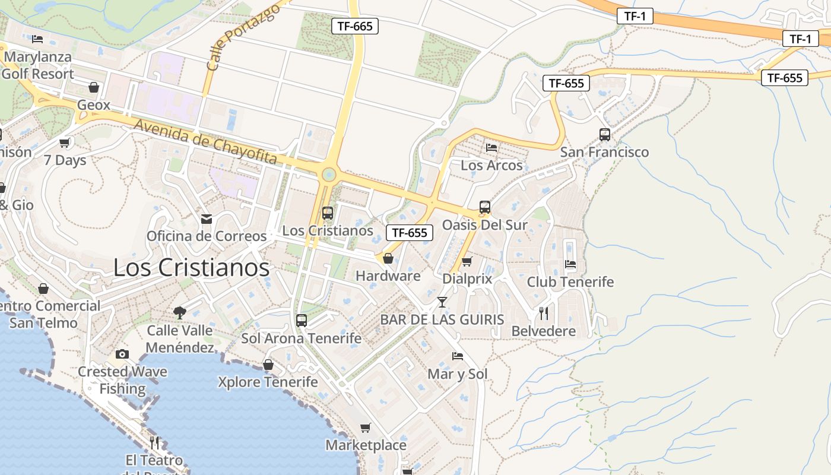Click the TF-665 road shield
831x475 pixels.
click(x=354, y=26)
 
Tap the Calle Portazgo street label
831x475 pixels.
click(x=243, y=39)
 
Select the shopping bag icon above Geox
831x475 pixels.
click(x=94, y=87)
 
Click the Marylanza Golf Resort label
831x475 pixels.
click(x=38, y=65)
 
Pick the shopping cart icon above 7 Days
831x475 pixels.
click(x=65, y=142)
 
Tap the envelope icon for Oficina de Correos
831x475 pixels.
click(x=207, y=219)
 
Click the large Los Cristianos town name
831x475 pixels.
click(x=191, y=267)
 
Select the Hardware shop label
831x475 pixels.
click(x=388, y=275)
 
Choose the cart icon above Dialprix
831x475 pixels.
click(x=467, y=261)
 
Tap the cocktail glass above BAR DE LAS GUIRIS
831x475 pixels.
click(x=442, y=302)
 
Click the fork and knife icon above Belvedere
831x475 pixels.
click(x=543, y=313)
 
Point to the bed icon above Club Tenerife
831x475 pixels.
click(x=570, y=264)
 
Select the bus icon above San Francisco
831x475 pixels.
click(x=605, y=135)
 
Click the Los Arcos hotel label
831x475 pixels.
click(x=491, y=165)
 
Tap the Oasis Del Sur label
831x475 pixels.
click(x=484, y=225)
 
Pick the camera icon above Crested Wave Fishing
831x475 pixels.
click(x=122, y=354)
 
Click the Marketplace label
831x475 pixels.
click(x=366, y=445)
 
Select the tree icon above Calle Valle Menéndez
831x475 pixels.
click(x=179, y=313)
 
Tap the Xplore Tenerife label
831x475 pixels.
click(x=268, y=382)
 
